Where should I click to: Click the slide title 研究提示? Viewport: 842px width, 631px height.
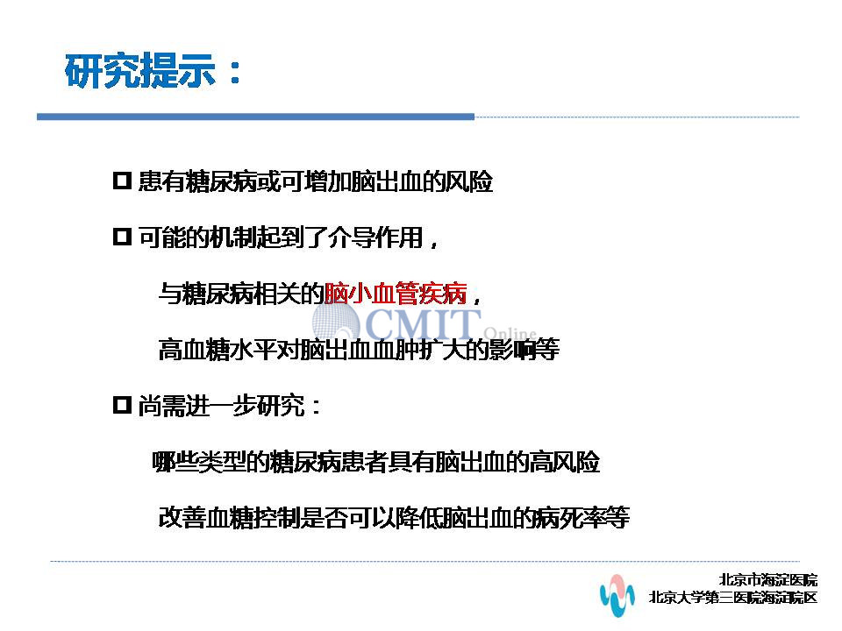coord(140,71)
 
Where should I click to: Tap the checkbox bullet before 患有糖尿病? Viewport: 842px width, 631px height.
coord(123,181)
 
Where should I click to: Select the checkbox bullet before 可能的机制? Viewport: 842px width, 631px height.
coord(123,237)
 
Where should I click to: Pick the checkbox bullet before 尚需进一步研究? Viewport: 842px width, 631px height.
coord(123,405)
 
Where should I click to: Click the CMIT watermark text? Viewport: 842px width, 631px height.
coord(423,323)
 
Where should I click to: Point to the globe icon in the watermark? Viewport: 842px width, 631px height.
coord(336,321)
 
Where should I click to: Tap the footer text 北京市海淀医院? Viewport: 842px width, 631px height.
coord(768,579)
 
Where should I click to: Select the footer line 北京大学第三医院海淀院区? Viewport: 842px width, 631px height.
coord(733,597)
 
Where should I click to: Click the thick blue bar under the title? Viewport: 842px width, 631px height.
coord(255,117)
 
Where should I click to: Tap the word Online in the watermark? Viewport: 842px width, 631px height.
coord(510,334)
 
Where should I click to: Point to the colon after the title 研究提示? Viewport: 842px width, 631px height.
coord(235,73)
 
